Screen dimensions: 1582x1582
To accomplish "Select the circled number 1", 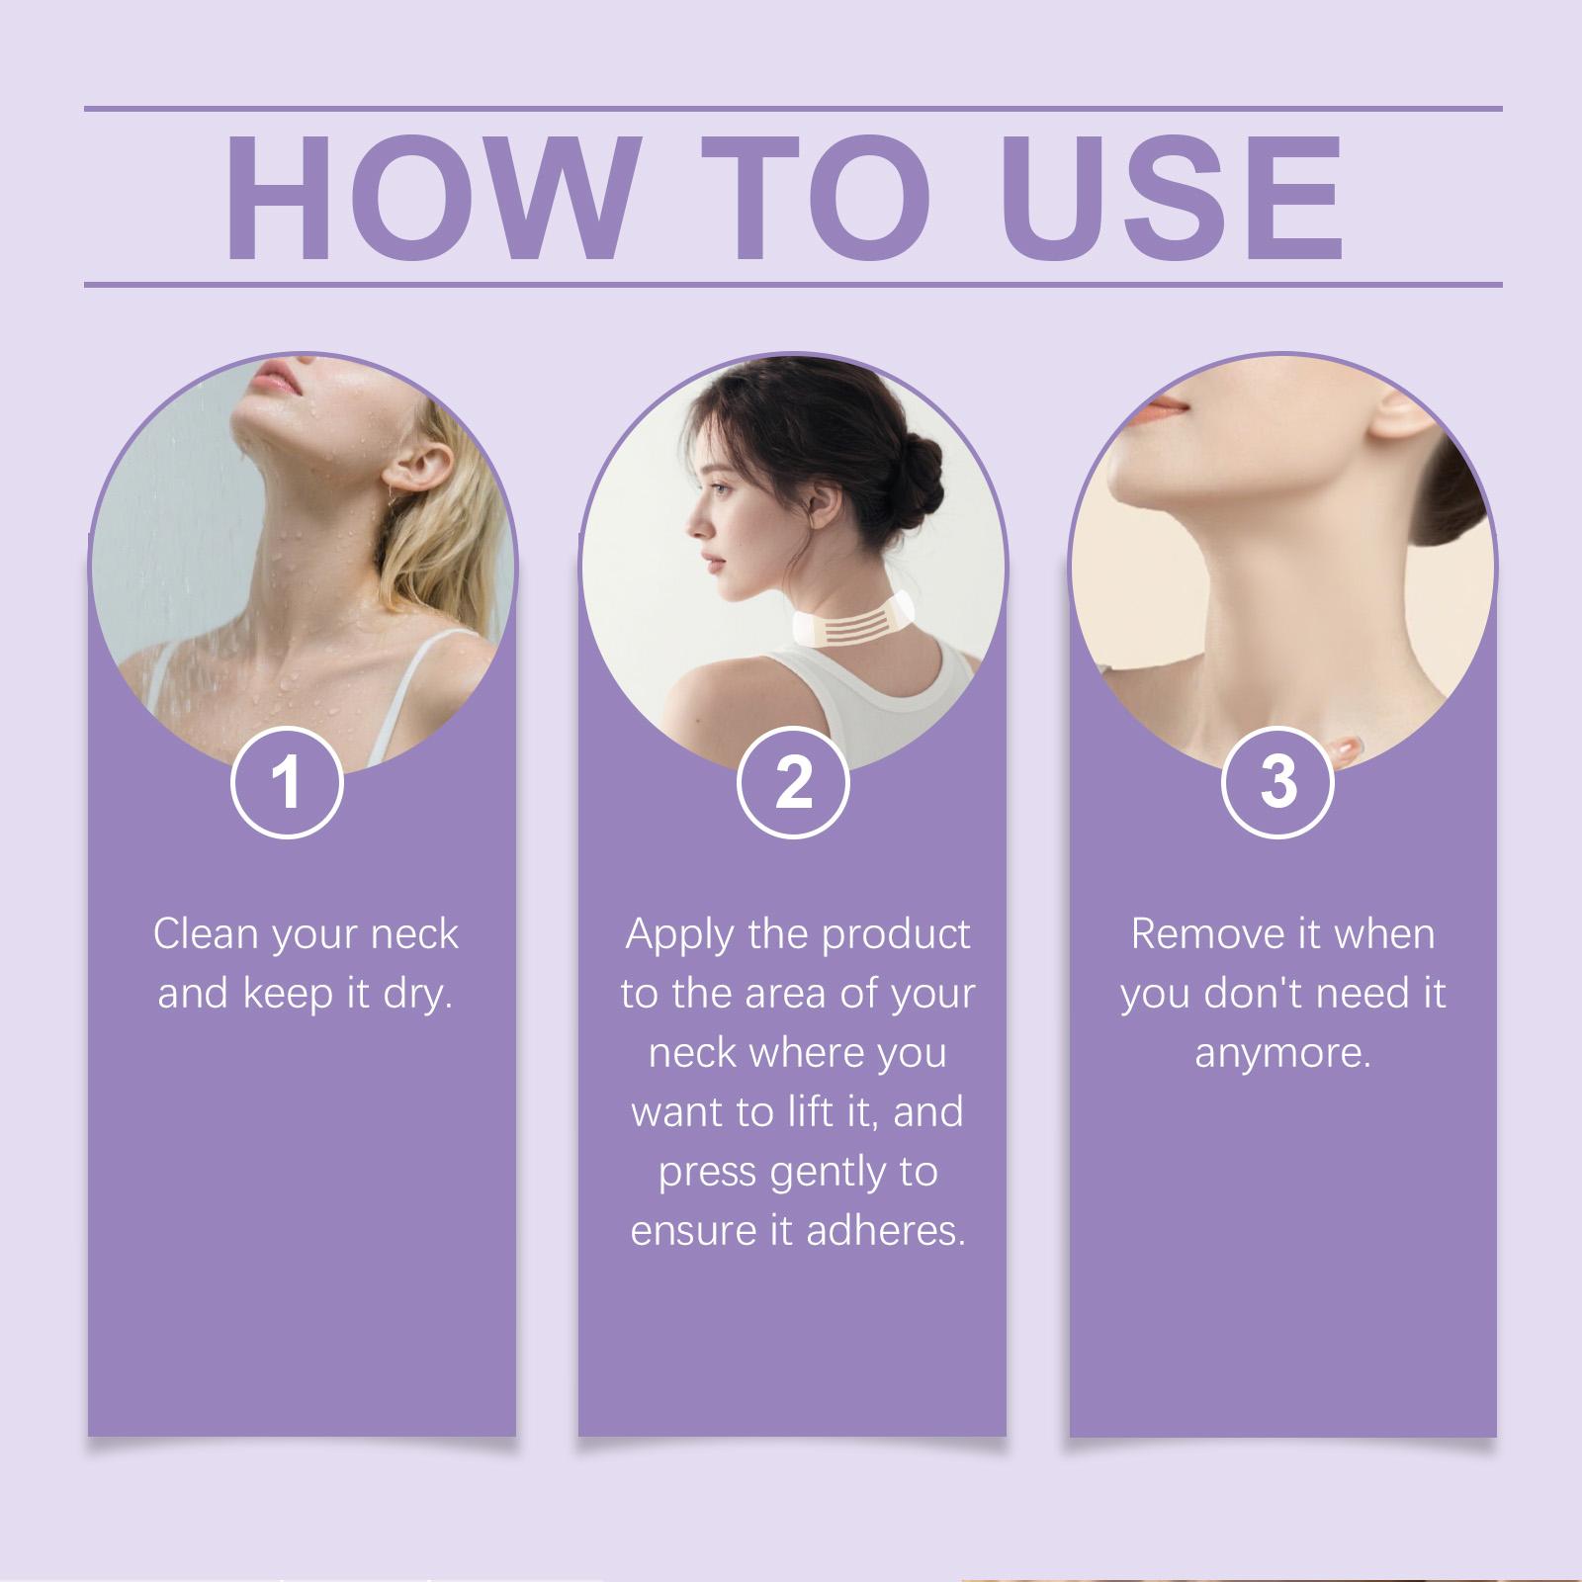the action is click(x=287, y=781).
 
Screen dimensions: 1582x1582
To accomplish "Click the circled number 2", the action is click(x=793, y=781).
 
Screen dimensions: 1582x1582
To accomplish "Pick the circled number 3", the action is click(x=1278, y=781).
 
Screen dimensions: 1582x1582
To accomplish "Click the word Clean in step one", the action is click(x=206, y=933).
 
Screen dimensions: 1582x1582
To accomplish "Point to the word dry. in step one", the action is click(x=418, y=994).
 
